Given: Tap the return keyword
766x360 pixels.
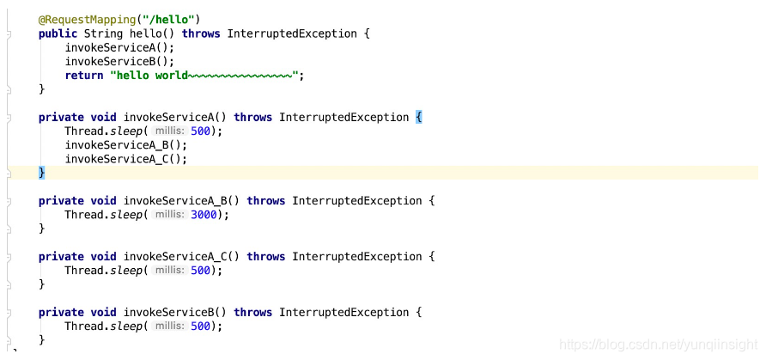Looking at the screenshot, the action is [84, 76].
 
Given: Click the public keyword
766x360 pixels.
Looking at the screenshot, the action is [58, 34].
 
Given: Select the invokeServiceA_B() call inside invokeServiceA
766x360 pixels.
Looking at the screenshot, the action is [125, 145].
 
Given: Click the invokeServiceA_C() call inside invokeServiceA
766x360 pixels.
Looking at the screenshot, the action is [125, 159].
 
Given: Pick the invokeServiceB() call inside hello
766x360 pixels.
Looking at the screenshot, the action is [119, 61].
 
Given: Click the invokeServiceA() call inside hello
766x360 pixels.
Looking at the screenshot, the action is [119, 47].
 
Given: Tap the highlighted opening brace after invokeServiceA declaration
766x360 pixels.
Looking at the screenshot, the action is [419, 117].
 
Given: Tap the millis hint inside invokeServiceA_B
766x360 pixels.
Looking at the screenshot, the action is [169, 215].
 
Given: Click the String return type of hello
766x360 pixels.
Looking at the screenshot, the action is [103, 34].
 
